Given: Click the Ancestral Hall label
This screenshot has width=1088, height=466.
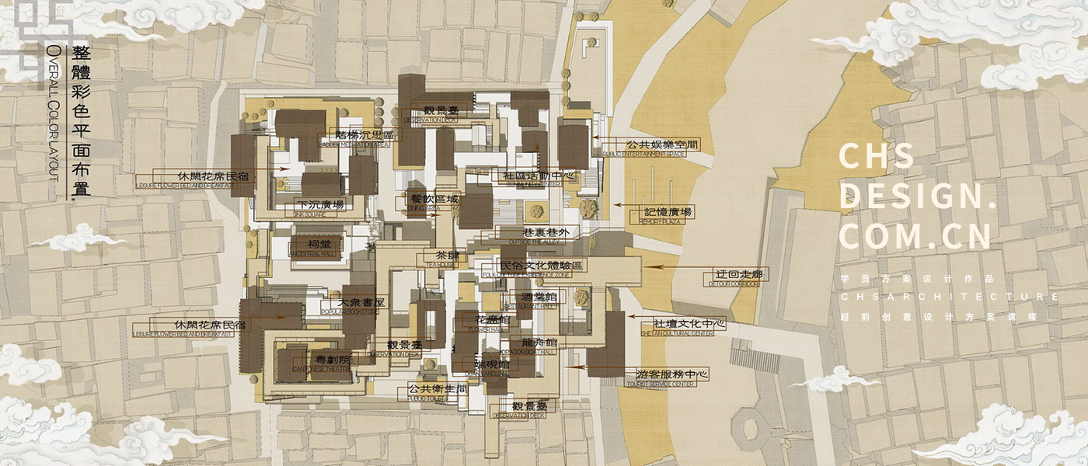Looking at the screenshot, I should pos(315,245).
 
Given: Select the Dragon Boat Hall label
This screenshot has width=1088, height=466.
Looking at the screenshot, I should pos(539,343).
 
